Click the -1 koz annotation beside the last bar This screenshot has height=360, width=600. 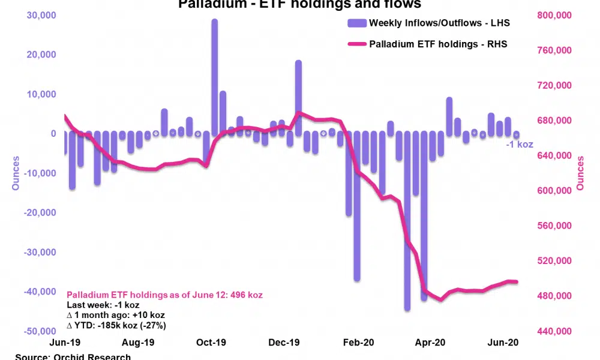click(519, 144)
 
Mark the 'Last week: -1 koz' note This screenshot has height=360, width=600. click(103, 305)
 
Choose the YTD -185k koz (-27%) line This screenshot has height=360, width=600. click(116, 325)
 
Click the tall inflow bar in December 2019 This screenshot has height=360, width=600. click(298, 96)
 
